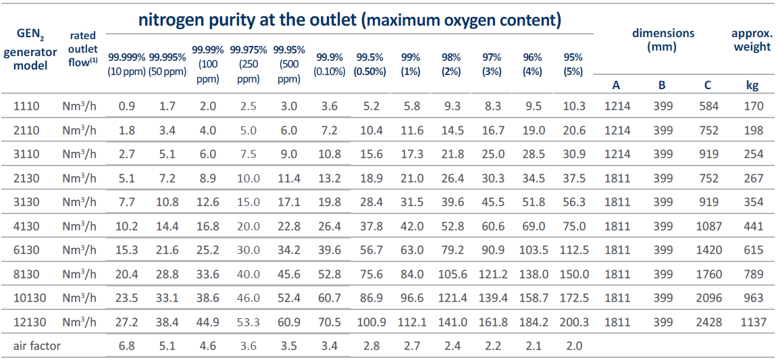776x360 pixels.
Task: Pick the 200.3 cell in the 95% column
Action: click(x=574, y=323)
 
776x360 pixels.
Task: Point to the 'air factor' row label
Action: click(x=36, y=346)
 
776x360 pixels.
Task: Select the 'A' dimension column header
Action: click(x=616, y=85)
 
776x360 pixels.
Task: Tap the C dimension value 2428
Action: click(x=708, y=323)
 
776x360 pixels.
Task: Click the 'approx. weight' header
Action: click(x=751, y=41)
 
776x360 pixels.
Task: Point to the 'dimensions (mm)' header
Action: click(x=663, y=41)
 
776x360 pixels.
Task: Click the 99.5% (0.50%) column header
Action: click(x=369, y=64)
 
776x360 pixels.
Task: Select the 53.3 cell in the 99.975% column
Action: click(x=249, y=323)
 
